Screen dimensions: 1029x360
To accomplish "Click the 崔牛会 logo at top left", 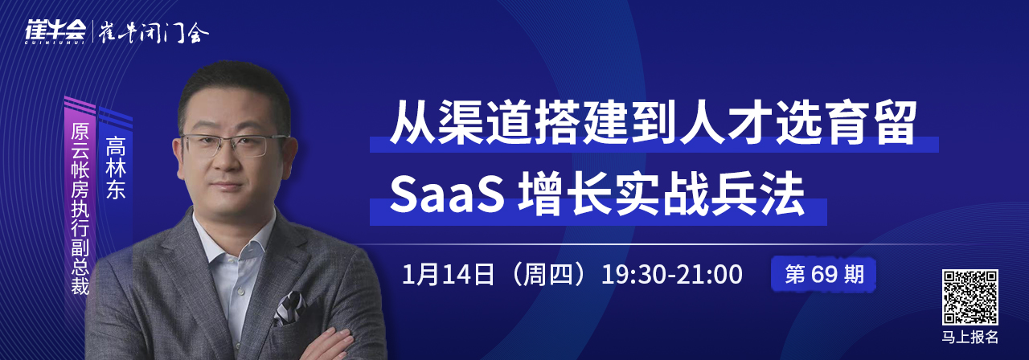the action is click(x=55, y=32).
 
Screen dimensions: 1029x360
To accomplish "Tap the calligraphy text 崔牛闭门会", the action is click(x=154, y=33).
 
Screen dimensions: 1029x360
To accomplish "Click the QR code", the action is click(x=970, y=297).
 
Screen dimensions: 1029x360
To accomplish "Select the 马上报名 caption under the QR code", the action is click(x=970, y=337).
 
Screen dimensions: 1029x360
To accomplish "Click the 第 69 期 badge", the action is click(x=824, y=275).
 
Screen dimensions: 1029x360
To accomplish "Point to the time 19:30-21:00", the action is click(x=671, y=275).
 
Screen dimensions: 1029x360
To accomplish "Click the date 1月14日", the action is click(x=448, y=275).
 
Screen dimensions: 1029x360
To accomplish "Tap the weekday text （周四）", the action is click(x=548, y=275).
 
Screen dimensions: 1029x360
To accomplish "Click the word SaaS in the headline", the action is click(x=447, y=194).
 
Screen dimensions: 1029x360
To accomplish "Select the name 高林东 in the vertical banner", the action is click(x=115, y=168).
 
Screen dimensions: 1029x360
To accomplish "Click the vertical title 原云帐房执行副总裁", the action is click(x=80, y=209).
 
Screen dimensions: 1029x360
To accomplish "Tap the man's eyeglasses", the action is click(x=232, y=145).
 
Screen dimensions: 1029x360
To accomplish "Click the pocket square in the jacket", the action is click(x=289, y=308).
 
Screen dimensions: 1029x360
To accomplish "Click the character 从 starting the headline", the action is click(x=412, y=122).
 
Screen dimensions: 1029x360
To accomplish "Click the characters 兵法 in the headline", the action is click(x=757, y=194).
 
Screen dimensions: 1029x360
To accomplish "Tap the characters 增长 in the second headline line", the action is click(x=564, y=194).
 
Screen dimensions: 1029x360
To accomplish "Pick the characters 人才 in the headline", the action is click(x=726, y=122).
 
